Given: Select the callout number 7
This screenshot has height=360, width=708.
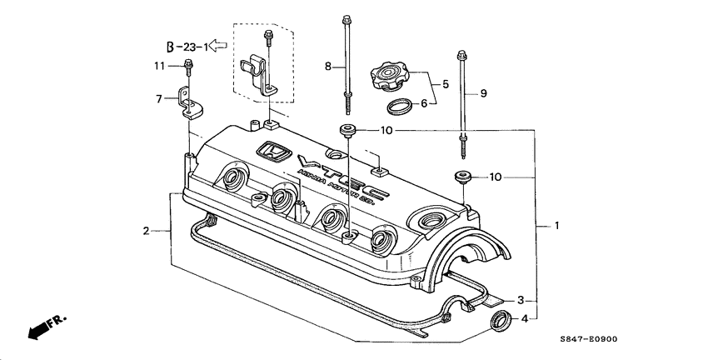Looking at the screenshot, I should [x=159, y=99].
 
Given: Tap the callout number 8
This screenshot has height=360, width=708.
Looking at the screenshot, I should [x=327, y=66].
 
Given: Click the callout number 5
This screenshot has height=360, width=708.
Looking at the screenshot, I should [x=446, y=84].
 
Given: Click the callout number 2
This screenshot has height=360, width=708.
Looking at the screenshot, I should [x=145, y=230].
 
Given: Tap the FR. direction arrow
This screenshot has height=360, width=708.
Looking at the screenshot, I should [x=46, y=327].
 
